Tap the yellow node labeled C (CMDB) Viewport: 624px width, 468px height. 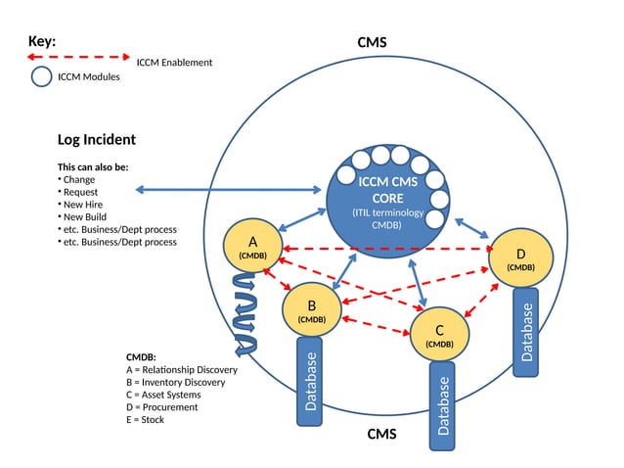439,334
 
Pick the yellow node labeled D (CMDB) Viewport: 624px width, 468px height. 520,257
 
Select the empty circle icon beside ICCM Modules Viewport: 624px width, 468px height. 41,76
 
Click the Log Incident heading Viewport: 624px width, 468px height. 96,140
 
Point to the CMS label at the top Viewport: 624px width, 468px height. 372,42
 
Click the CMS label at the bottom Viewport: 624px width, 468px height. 381,434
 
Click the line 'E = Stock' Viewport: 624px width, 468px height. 146,419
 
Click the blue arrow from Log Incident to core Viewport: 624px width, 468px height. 230,189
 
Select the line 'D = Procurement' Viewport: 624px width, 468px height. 162,407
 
